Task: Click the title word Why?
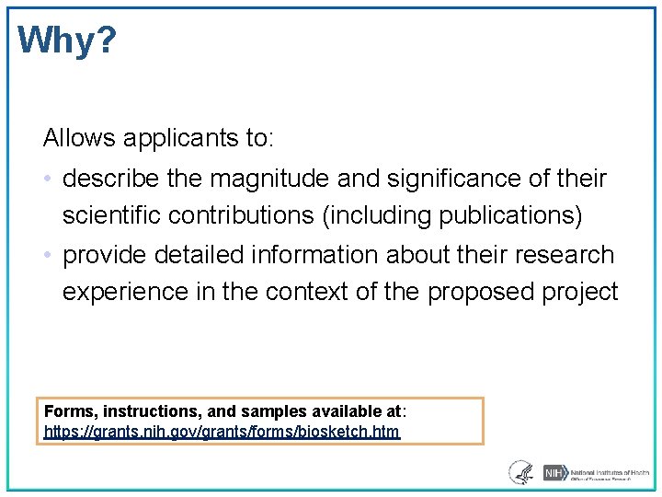[67, 40]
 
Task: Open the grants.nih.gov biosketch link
[222, 431]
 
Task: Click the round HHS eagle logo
[520, 472]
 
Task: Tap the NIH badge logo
[554, 473]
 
